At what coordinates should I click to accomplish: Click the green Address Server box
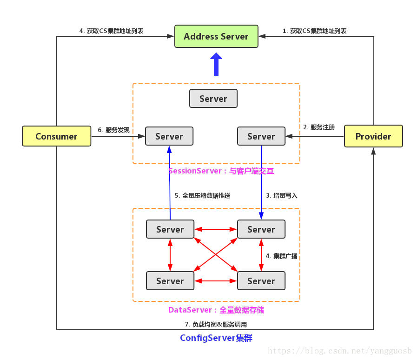[216, 36]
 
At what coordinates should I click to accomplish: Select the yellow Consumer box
[56, 136]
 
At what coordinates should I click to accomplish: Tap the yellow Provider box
[373, 136]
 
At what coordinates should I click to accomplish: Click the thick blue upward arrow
[216, 64]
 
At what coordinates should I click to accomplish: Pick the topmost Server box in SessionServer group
[213, 99]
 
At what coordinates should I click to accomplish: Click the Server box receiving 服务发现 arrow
[169, 136]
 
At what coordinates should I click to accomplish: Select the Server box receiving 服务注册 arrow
[261, 136]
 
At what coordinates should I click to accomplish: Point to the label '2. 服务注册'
[319, 127]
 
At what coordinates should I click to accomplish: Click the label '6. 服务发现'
[114, 130]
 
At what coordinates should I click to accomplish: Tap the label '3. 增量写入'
[282, 196]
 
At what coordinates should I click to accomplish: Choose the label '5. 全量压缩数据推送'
[202, 196]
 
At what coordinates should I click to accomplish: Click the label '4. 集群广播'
[282, 256]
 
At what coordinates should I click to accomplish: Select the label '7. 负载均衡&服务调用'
[216, 324]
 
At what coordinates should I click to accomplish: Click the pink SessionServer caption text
[221, 171]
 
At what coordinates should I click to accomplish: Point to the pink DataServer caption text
[216, 310]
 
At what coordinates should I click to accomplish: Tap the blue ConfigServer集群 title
[216, 338]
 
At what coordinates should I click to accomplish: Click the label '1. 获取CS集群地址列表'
[315, 31]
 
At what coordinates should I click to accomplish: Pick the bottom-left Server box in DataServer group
[170, 281]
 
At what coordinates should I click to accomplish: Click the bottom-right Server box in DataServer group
[261, 281]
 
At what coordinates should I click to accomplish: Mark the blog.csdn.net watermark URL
[340, 350]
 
